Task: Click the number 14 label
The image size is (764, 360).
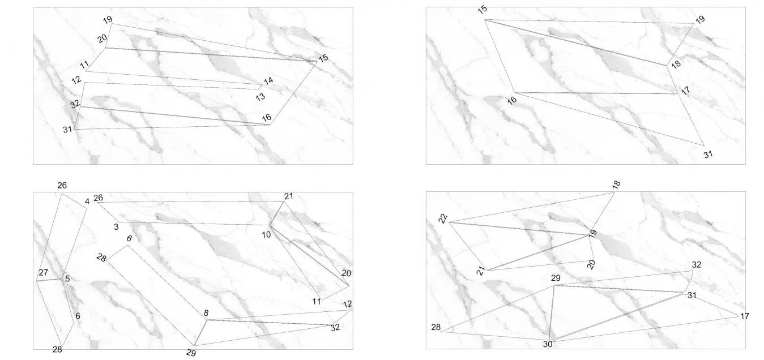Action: click(x=268, y=80)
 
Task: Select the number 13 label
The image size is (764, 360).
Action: click(x=261, y=97)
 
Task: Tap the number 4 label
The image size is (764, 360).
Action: click(x=87, y=202)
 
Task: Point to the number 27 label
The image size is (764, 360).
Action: click(x=43, y=272)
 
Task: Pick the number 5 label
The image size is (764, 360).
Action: click(x=67, y=278)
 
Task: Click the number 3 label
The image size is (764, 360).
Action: click(x=116, y=227)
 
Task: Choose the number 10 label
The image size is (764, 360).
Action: click(x=266, y=234)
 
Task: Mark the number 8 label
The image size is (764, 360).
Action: click(x=206, y=313)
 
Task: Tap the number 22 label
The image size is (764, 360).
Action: click(x=443, y=218)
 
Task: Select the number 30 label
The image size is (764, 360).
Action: click(x=548, y=344)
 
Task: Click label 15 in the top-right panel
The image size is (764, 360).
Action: click(x=483, y=10)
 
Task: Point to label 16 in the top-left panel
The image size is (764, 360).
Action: click(x=266, y=118)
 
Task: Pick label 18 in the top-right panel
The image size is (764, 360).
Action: click(x=676, y=64)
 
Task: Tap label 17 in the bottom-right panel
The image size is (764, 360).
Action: click(x=745, y=316)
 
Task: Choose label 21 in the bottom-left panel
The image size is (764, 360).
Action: click(x=288, y=196)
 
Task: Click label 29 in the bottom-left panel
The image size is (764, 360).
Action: click(x=191, y=353)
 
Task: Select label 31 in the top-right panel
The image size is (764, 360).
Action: click(x=708, y=155)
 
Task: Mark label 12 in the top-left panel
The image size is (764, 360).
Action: click(x=76, y=80)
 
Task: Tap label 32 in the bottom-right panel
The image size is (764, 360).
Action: click(x=697, y=264)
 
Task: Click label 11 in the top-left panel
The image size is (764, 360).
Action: click(x=84, y=64)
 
